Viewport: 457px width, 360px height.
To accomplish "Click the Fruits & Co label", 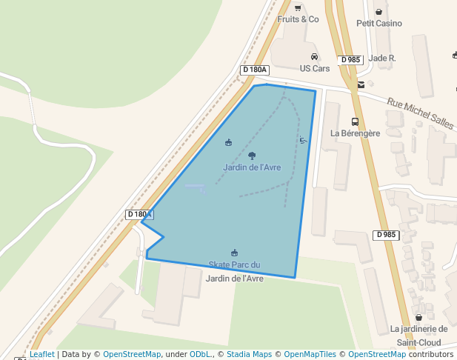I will pos(298,19).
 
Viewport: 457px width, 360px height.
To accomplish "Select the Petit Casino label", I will pos(379,23).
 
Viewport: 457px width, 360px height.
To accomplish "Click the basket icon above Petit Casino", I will pos(379,11).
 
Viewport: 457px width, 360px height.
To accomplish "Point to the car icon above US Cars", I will pos(314,56).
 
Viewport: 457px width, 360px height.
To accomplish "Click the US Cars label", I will pos(314,68).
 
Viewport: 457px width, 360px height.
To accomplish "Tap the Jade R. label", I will pos(381,58).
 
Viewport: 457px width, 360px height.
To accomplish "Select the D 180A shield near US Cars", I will pos(254,70).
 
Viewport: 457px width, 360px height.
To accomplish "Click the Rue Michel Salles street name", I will pos(420,110).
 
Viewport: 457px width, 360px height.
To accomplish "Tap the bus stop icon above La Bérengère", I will pos(355,121).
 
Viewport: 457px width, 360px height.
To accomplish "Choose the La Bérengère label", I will pos(355,133).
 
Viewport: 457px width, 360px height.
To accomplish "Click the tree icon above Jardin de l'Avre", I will pos(252,156).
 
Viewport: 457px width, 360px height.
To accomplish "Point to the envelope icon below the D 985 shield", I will pos(361,84).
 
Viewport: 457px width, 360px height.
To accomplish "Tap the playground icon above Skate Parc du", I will pos(235,253).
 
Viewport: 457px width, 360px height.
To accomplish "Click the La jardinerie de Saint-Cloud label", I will pos(418,336).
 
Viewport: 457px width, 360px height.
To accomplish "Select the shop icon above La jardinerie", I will pos(418,317).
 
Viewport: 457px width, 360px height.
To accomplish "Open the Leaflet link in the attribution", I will pos(42,355).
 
